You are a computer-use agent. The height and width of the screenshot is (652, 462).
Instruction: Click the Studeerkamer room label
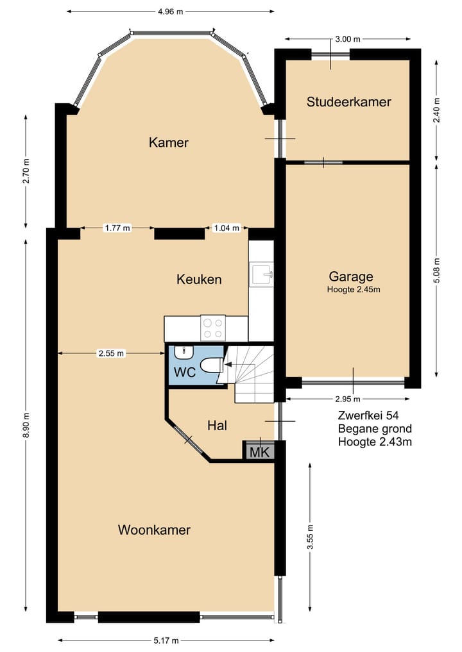pyautogui.click(x=348, y=101)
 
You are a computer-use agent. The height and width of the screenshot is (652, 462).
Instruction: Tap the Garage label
pyautogui.click(x=351, y=276)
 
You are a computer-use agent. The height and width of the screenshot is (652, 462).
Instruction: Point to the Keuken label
pyautogui.click(x=199, y=279)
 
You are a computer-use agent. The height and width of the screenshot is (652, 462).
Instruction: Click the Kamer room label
pyautogui.click(x=169, y=142)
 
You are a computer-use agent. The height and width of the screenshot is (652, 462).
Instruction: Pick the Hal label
pyautogui.click(x=218, y=425)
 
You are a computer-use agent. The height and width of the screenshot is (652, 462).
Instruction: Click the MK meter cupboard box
pyautogui.click(x=259, y=451)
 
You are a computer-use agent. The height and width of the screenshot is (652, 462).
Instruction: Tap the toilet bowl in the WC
pyautogui.click(x=210, y=365)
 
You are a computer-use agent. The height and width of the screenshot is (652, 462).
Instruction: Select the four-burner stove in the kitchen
pyautogui.click(x=212, y=328)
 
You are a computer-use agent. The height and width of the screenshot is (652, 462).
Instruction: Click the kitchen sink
pyautogui.click(x=261, y=274)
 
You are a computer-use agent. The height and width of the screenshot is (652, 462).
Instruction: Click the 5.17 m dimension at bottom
pyautogui.click(x=166, y=640)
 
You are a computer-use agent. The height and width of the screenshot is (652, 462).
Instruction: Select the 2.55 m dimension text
pyautogui.click(x=112, y=353)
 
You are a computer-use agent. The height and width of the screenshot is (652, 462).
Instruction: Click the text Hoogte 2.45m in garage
pyautogui.click(x=353, y=290)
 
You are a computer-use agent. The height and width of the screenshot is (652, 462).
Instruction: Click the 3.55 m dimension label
pyautogui.click(x=310, y=538)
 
